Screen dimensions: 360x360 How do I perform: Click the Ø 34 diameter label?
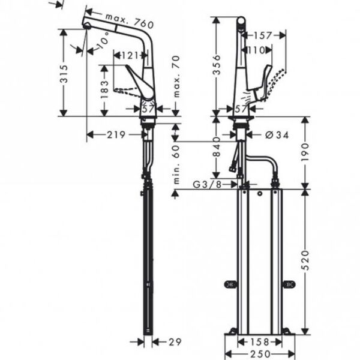[277, 135]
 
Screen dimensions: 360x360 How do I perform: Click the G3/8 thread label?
[207, 184]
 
